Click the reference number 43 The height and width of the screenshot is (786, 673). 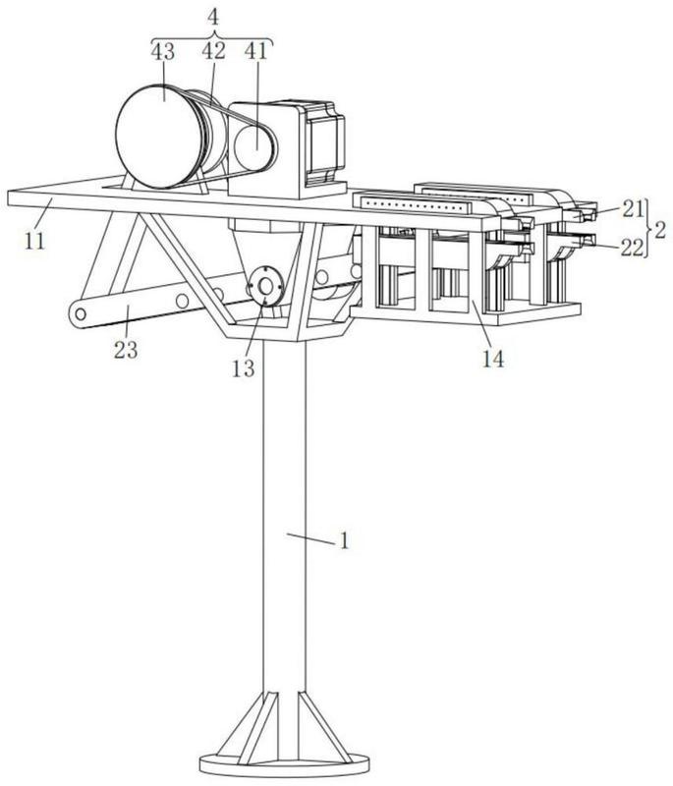coord(162,51)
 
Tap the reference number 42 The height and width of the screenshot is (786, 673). coord(213,51)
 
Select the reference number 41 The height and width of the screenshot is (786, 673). coord(256,51)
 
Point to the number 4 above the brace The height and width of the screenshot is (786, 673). coord(213,18)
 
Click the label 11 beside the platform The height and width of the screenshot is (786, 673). coord(34,241)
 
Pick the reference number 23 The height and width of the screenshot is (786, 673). coord(126,350)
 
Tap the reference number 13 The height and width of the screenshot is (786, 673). coord(243,368)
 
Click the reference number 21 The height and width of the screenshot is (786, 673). coord(632,208)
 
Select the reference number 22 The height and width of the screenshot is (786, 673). coord(632,248)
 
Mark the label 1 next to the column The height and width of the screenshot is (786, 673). coord(344,541)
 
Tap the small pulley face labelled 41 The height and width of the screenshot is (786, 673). coord(254,145)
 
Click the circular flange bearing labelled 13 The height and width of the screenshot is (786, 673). coord(266,285)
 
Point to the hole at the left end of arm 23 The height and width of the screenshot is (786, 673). coord(81,314)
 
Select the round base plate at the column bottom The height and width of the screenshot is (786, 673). coord(284,765)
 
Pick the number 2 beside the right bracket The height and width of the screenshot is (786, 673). coord(660,232)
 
